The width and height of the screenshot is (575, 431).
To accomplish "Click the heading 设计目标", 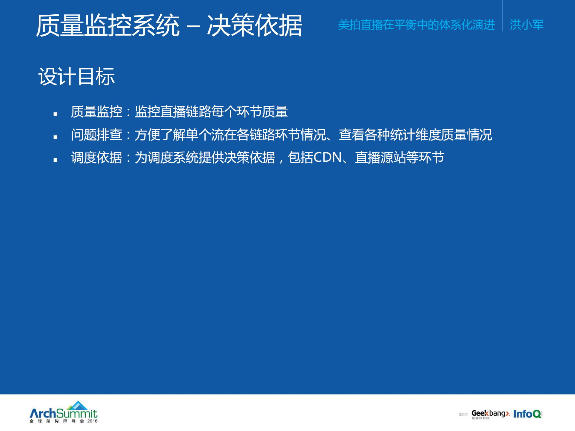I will tap(76, 77).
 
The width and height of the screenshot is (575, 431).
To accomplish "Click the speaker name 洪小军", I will tap(526, 25).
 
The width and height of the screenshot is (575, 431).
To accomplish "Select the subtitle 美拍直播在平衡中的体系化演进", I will tap(416, 25).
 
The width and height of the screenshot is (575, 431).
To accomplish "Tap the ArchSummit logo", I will tap(64, 413).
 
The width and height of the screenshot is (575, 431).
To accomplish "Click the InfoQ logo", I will tap(527, 414).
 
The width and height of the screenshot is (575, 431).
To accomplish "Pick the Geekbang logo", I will tap(490, 414).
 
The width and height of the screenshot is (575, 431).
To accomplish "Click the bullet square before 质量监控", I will tap(55, 114).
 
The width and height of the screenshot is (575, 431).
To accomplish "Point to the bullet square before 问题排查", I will tap(55, 137).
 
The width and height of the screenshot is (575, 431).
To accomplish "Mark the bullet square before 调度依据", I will tap(55, 160).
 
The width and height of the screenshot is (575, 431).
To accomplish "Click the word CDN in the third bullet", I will tap(328, 158).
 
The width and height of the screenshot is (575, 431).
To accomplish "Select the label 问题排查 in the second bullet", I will tap(96, 135).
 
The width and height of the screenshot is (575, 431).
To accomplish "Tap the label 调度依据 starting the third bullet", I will tap(96, 158).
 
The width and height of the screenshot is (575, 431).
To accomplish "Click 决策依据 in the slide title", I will tap(255, 26).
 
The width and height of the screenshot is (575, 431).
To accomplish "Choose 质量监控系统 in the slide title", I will tap(108, 26).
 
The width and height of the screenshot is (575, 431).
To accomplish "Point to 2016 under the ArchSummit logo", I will tap(92, 421).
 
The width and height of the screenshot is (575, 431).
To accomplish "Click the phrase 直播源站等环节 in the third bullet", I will tap(399, 158).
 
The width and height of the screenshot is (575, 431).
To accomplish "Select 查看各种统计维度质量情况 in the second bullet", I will tap(415, 135).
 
